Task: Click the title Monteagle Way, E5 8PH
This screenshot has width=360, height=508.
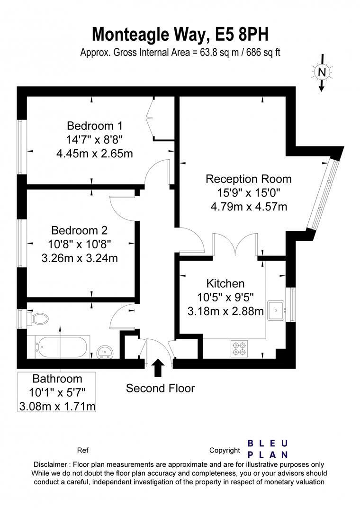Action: coord(180,35)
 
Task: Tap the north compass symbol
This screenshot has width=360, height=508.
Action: coord(322,72)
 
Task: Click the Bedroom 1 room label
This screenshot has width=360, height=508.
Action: coord(95,126)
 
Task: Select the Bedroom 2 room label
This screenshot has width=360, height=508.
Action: coord(79,230)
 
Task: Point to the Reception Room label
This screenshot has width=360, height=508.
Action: coord(248,179)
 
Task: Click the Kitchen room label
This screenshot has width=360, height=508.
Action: coord(225,283)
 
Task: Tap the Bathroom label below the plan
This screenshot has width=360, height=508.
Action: coord(57,379)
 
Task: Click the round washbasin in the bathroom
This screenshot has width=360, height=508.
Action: coord(104,352)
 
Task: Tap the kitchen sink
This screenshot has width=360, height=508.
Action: coord(275,310)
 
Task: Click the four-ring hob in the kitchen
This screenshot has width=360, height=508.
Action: coord(238,348)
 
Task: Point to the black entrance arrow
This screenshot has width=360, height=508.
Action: coord(158,368)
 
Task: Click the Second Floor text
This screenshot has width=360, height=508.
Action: coord(160,389)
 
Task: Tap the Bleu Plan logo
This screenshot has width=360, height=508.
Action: coord(268,449)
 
